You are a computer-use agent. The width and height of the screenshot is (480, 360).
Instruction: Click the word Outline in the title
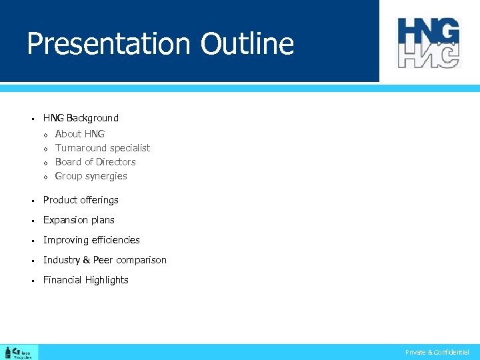247,44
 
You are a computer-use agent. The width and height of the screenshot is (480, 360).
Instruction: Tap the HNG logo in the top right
429,43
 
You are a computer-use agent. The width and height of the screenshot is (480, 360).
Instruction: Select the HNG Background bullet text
81,118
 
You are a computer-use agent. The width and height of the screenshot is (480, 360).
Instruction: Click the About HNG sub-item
80,134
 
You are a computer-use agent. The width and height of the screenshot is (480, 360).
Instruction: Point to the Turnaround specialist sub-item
103,148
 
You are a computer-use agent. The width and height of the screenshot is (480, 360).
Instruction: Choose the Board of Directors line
95,162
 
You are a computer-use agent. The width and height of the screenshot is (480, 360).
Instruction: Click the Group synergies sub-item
91,176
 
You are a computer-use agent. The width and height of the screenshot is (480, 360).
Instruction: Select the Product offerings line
81,200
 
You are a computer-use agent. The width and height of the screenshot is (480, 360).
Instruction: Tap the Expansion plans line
79,220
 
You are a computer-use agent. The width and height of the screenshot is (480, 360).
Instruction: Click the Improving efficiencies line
91,240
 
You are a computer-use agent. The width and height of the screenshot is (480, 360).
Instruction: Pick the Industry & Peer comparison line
105,260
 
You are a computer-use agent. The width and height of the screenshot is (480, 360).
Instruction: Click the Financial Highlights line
85,280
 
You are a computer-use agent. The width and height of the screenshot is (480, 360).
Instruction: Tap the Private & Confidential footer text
437,352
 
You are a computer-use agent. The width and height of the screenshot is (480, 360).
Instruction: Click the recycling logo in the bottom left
19,352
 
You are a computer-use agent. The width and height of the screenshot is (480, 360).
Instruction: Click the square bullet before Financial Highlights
32,281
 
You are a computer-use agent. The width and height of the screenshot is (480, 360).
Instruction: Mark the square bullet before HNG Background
32,119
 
